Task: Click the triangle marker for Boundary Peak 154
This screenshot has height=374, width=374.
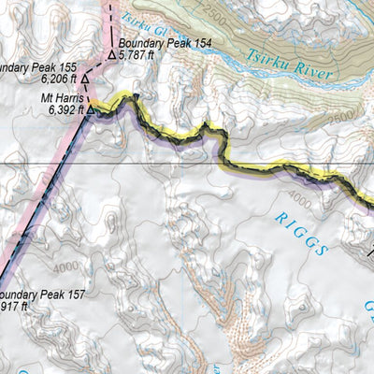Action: tap(111, 54)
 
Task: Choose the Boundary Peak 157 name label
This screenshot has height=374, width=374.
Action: tap(42, 295)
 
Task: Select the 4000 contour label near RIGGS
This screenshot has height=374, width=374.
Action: tap(297, 198)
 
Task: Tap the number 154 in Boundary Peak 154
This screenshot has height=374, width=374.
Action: tap(192, 45)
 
